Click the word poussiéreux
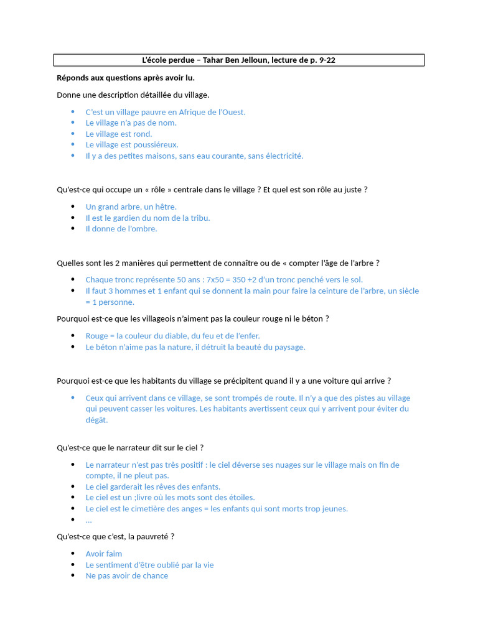pyautogui.click(x=155, y=144)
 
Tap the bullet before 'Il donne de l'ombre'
pyautogui.click(x=73, y=228)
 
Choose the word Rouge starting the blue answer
pyautogui.click(x=96, y=336)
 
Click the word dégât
pyautogui.click(x=96, y=420)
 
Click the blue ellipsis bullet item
pyautogui.click(x=88, y=519)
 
